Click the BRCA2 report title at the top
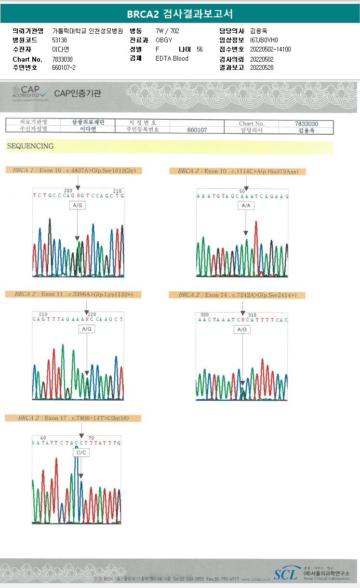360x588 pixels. point(180,14)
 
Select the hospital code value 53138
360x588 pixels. point(59,40)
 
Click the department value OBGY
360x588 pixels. point(164,40)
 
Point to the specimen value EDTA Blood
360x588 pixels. point(172,58)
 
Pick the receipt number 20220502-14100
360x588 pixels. point(270,49)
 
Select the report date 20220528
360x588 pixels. point(262,67)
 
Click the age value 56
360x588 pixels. point(200,49)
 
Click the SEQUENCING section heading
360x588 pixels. point(30,146)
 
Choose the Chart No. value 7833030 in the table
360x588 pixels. point(307,124)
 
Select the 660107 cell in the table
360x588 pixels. point(197,130)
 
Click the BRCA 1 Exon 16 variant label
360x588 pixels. point(74,170)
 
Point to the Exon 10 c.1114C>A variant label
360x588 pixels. point(238,171)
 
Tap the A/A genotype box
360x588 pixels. point(246,206)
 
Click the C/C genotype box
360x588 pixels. point(80,453)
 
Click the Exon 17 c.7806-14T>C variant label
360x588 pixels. point(73,418)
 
